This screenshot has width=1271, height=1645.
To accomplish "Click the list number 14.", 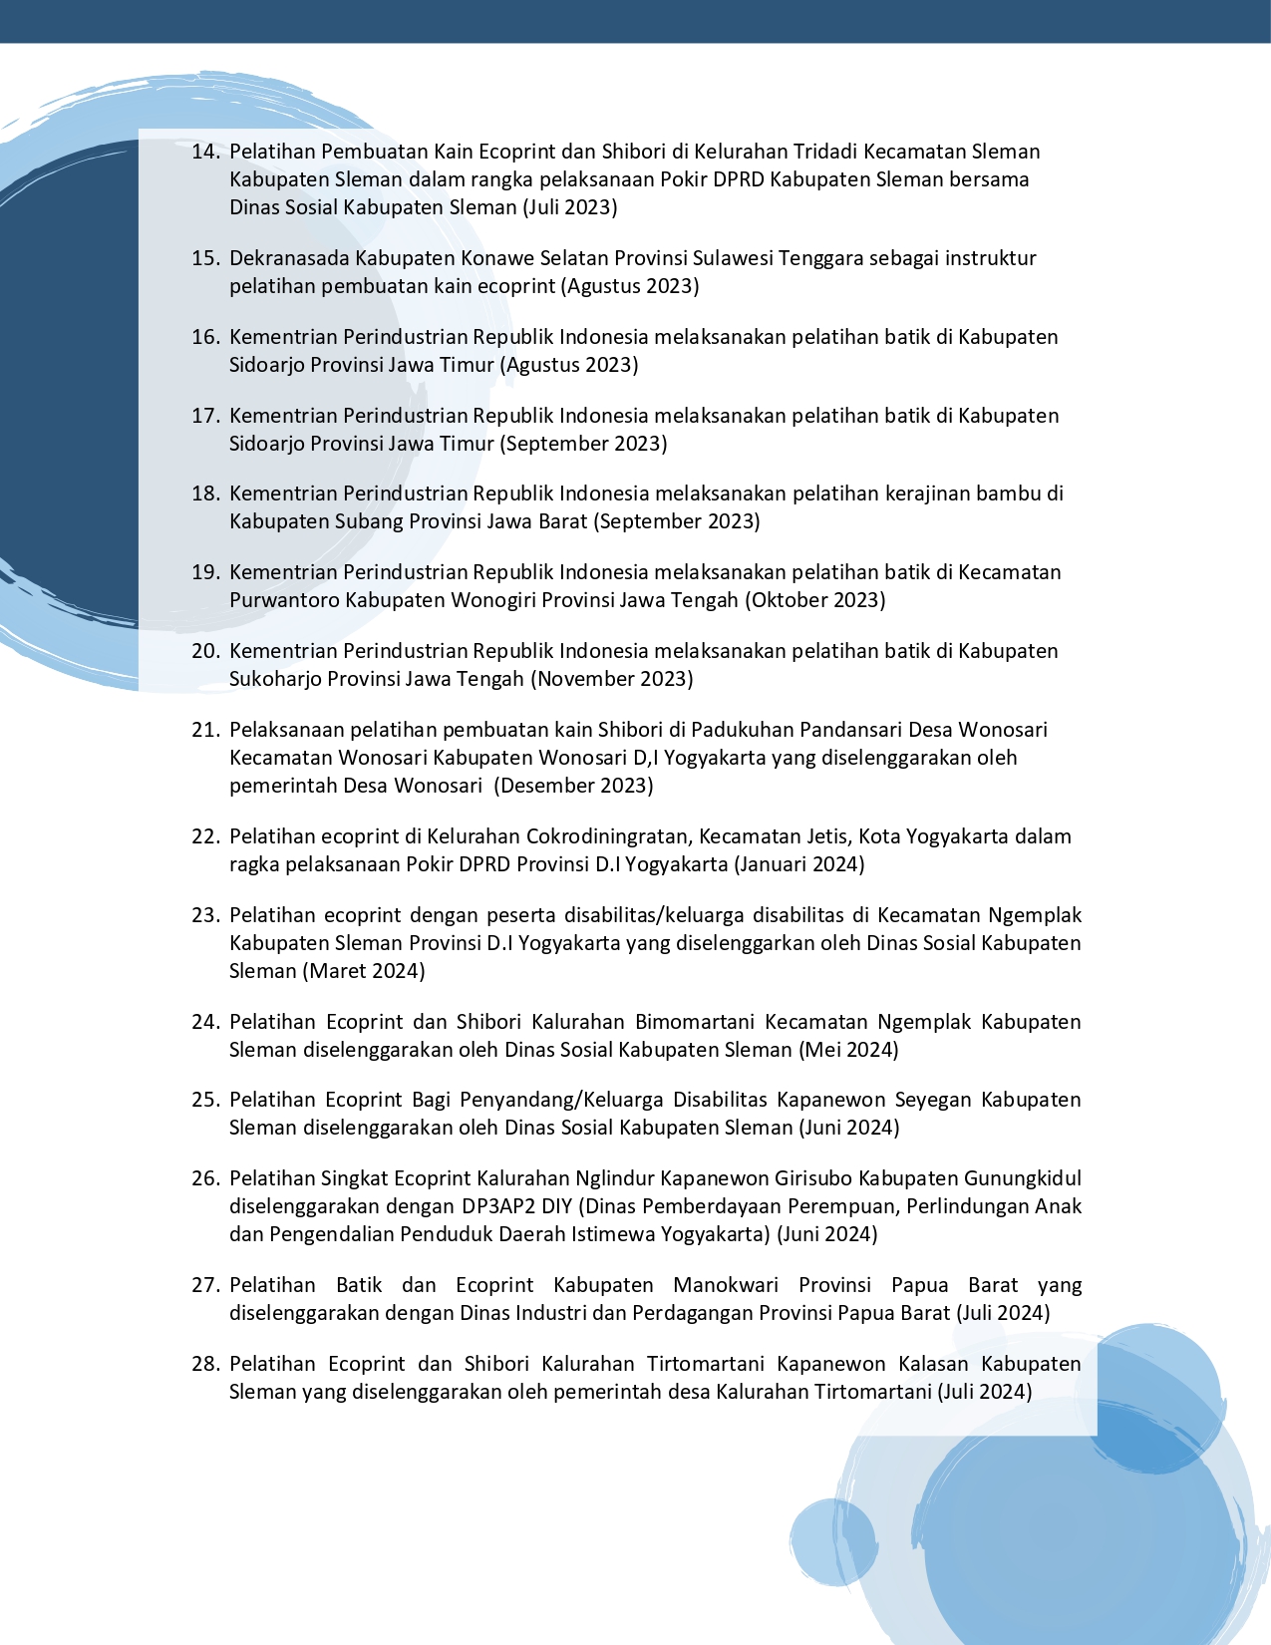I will click(x=204, y=152).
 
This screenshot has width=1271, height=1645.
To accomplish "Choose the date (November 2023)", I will click(x=611, y=679).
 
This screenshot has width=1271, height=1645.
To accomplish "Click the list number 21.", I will click(x=204, y=730).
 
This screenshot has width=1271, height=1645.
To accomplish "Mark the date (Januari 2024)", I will click(x=799, y=864).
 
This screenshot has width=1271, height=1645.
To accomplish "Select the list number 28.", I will click(x=204, y=1364).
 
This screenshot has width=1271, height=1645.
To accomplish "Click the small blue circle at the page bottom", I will click(x=831, y=1541).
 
